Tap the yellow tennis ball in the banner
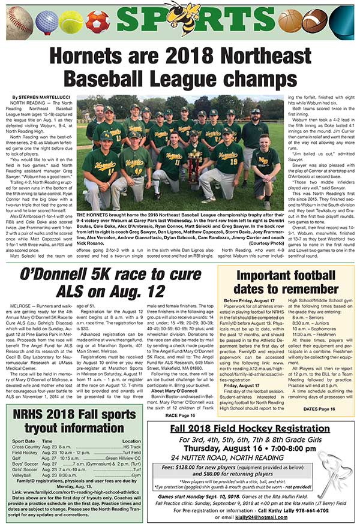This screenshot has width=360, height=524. [71, 22]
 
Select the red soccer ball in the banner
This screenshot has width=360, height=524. [95, 22]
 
